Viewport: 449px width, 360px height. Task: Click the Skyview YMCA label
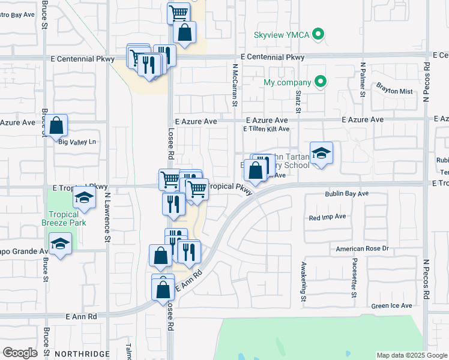pyautogui.click(x=282, y=35)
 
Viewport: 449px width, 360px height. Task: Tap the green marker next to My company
pyautogui.click(x=321, y=82)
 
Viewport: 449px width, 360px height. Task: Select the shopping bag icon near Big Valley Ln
pyautogui.click(x=56, y=125)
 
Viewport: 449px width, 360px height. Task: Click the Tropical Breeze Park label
pyautogui.click(x=64, y=218)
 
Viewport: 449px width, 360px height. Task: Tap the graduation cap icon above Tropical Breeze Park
pyautogui.click(x=84, y=198)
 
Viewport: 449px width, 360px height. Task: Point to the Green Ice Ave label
pyautogui.click(x=392, y=305)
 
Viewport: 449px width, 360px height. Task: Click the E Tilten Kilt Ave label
pyautogui.click(x=266, y=129)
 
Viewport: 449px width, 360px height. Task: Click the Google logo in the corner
pyautogui.click(x=20, y=353)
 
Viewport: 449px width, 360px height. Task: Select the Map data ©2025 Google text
pyautogui.click(x=412, y=355)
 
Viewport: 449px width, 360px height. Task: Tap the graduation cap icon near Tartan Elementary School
pyautogui.click(x=321, y=152)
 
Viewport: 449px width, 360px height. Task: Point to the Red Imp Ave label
pyautogui.click(x=327, y=217)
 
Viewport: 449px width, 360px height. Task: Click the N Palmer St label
pyautogui.click(x=363, y=79)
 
